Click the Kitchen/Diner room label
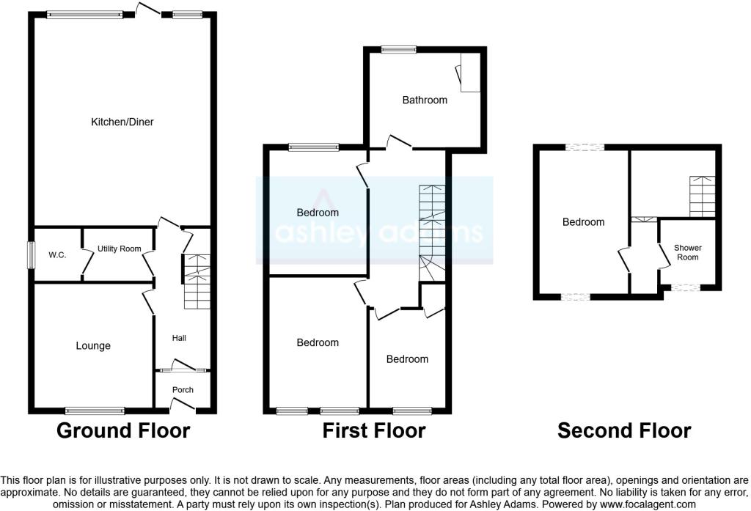point(122,122)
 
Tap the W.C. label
point(57,255)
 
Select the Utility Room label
point(119,249)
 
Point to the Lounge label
point(93,346)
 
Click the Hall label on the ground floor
point(179,338)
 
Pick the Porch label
point(183,390)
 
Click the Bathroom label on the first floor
point(425,100)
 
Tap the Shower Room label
point(687,253)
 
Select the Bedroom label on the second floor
point(584,222)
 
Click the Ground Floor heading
point(123,430)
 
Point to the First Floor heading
point(374,430)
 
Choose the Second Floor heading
point(624,430)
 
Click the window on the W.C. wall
point(32,255)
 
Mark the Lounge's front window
point(95,410)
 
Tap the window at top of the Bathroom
point(398,50)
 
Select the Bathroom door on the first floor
point(400,141)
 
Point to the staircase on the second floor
point(702,195)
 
